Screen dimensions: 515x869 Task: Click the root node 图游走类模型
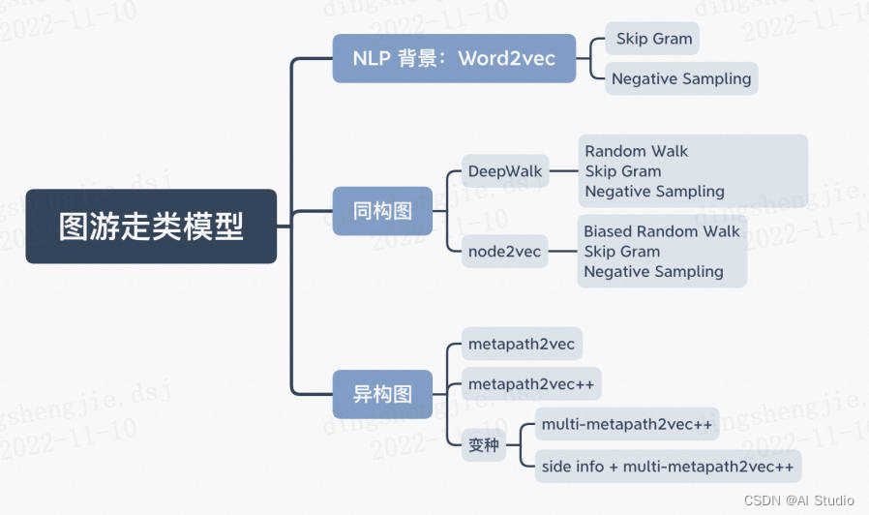(x=151, y=227)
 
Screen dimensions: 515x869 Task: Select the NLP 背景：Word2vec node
(x=454, y=58)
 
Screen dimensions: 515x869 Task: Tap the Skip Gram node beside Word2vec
(x=653, y=39)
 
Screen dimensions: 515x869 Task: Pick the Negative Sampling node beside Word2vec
(x=681, y=78)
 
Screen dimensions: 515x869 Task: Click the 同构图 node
(x=382, y=210)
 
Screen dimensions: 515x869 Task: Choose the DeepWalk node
(x=504, y=172)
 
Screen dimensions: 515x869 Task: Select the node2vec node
(x=504, y=252)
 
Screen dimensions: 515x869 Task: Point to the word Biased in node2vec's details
(x=610, y=231)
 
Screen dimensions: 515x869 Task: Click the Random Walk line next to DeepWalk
(x=637, y=151)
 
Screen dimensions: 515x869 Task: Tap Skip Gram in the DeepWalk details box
(x=623, y=171)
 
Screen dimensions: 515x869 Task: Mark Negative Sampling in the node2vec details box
(x=653, y=272)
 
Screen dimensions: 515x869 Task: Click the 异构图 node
(x=382, y=394)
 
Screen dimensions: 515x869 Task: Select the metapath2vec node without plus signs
(x=521, y=344)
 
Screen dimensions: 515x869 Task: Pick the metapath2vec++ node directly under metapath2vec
(x=531, y=384)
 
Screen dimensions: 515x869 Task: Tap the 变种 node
(x=484, y=445)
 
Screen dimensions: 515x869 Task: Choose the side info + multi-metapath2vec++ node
(x=668, y=467)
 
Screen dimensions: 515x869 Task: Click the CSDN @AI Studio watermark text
(x=798, y=500)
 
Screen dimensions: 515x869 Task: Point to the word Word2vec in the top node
(x=507, y=58)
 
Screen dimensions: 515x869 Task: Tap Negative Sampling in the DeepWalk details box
(x=654, y=192)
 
